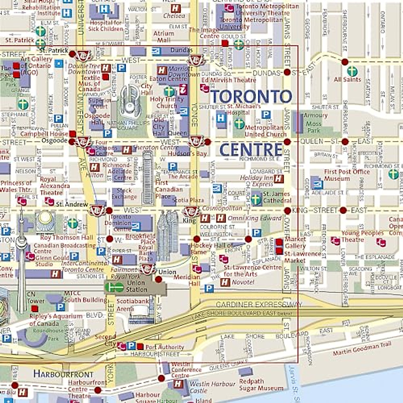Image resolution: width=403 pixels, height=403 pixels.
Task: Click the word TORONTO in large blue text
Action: coord(251,96)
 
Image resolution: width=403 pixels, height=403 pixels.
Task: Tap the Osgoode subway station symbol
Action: coord(82,141)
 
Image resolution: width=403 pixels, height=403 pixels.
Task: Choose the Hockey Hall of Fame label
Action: coord(212,249)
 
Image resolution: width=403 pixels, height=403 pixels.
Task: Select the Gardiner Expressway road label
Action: coord(259,305)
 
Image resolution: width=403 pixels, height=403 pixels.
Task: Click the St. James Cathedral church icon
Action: coord(256,199)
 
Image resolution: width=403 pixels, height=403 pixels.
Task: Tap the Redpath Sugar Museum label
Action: coord(261,385)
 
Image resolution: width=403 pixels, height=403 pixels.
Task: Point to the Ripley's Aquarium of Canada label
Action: coord(55,320)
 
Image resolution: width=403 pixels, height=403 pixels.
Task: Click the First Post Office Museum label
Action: coord(347,175)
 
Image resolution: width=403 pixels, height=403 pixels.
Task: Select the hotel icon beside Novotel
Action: coord(225,282)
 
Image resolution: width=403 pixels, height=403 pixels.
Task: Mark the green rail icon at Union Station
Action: coord(114,287)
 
